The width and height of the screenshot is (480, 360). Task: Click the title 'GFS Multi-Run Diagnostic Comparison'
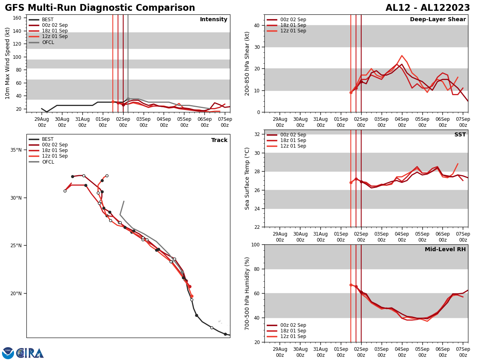tap(100, 8)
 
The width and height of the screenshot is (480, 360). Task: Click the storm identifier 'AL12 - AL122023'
tap(428, 8)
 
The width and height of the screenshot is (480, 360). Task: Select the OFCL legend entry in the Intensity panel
tap(48, 42)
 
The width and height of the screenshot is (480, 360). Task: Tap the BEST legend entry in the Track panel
tap(48, 139)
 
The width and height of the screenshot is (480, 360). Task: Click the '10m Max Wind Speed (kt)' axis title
tap(8, 63)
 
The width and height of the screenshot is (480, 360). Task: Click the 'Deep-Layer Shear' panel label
tap(438, 20)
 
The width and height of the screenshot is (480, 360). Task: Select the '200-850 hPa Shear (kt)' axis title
tap(247, 63)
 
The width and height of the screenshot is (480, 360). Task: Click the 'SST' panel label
tap(460, 135)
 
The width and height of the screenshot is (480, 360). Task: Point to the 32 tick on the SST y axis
tap(257, 134)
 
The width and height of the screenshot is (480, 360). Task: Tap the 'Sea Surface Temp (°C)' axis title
tap(247, 178)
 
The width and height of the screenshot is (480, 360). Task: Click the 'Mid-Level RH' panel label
tap(445, 250)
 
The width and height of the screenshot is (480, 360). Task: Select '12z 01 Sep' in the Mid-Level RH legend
tap(294, 336)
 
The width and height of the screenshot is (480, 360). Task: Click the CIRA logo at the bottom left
tap(30, 353)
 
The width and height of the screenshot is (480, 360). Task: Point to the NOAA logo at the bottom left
tap(8, 353)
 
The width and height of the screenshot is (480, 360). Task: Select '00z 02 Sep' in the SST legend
tap(294, 135)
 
